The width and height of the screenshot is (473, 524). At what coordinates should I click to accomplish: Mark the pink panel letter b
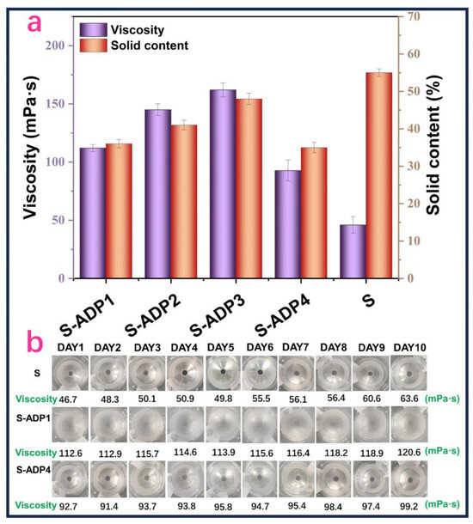[35, 341]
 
